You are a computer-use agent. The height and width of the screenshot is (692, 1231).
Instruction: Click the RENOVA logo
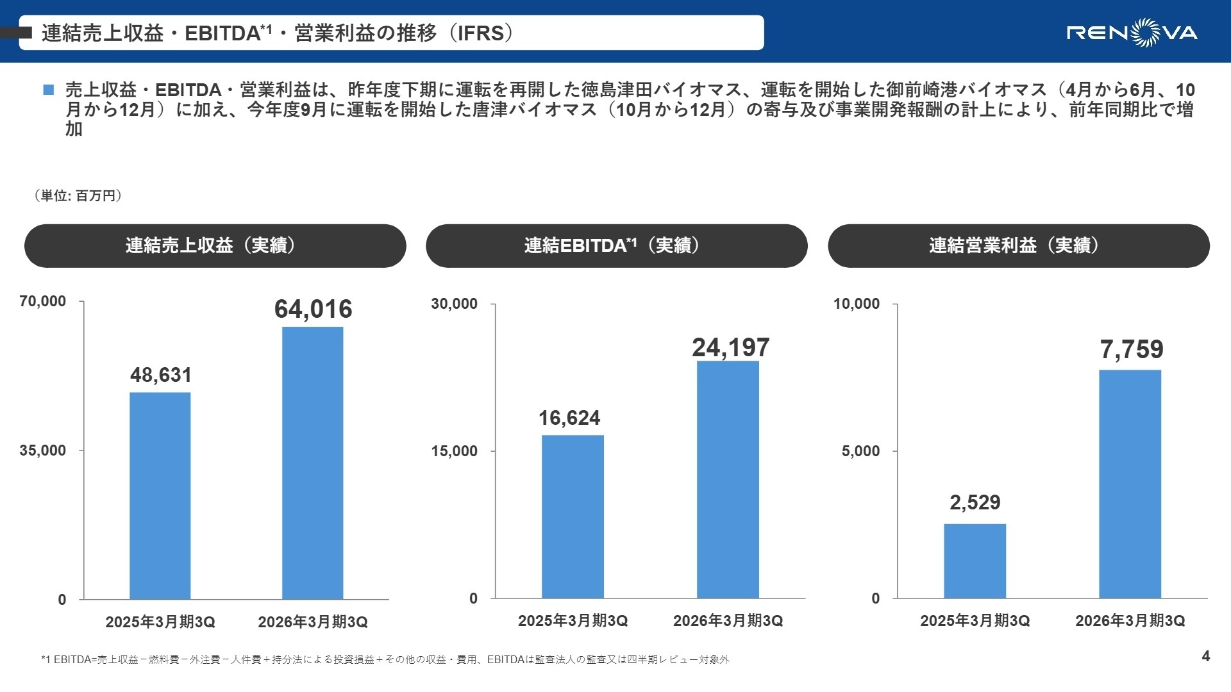1132,32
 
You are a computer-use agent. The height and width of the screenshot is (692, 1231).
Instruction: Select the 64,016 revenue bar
313,463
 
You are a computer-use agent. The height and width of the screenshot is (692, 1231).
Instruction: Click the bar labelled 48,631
160,495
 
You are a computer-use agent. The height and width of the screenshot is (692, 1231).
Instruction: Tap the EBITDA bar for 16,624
573,516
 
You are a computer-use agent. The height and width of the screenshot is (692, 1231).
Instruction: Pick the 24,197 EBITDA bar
728,479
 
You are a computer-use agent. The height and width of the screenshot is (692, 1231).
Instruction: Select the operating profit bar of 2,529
975,561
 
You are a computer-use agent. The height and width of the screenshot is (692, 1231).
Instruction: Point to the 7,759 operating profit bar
1130,484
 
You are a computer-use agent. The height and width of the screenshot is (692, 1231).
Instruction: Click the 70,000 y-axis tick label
42,301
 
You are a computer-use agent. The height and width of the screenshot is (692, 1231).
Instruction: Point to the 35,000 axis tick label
42,450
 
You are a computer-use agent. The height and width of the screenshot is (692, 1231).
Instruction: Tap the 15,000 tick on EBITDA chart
454,451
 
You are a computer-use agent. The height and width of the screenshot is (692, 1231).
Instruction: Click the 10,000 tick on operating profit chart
856,304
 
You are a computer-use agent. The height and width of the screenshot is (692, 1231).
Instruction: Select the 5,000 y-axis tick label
860,451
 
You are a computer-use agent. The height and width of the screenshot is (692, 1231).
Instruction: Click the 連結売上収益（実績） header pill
215,245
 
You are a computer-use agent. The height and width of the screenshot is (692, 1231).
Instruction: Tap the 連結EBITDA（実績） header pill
616,245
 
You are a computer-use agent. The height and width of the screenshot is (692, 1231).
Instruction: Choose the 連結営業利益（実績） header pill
1018,245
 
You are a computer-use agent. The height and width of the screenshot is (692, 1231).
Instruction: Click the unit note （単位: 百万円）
78,195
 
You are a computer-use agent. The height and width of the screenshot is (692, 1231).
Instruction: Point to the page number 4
1205,656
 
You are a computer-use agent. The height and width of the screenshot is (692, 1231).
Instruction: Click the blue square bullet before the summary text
49,90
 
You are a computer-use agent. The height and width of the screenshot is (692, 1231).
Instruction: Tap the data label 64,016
313,309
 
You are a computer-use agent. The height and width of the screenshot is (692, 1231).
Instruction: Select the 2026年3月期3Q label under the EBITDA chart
728,620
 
